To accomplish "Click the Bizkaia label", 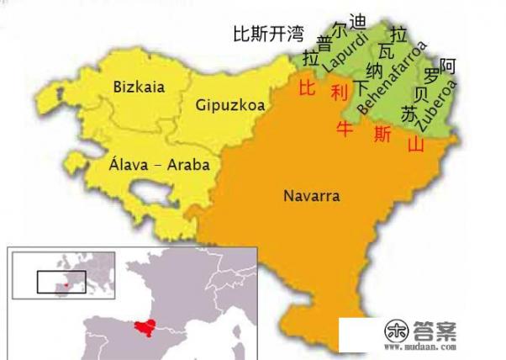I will click(140, 86).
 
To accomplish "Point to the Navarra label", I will click(311, 197).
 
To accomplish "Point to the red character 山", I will click(415, 145).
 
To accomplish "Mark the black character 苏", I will click(409, 114).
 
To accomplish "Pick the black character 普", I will click(324, 43).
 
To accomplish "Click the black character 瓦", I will click(387, 53).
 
